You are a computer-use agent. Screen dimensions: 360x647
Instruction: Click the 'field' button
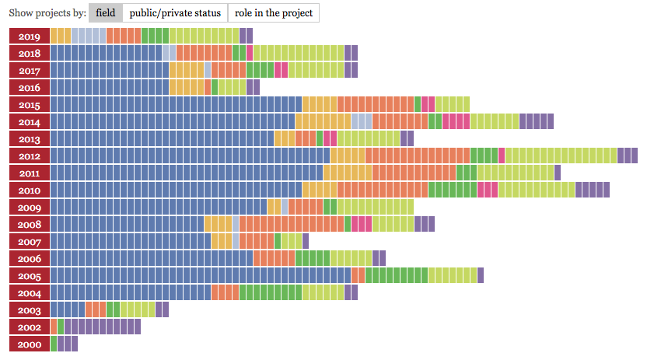[x=105, y=12]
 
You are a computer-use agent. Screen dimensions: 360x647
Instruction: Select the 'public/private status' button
[x=175, y=12]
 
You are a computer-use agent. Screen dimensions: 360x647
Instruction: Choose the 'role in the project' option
[x=273, y=12]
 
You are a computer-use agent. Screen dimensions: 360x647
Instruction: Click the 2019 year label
[x=30, y=36]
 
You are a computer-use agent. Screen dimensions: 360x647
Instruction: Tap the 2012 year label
[x=30, y=156]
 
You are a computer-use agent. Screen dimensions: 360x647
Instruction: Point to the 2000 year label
[x=30, y=344]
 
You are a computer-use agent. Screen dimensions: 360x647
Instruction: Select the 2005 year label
[x=30, y=275]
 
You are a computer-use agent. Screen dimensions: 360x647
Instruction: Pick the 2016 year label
[x=30, y=87]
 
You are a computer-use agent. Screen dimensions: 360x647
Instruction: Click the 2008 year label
[x=30, y=224]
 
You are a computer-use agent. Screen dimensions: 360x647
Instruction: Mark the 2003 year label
[x=30, y=309]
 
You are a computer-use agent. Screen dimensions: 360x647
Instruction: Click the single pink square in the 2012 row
[x=502, y=156]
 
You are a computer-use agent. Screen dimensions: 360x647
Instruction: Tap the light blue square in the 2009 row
[x=285, y=207]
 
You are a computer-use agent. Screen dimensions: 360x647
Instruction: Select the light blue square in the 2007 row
[x=236, y=241]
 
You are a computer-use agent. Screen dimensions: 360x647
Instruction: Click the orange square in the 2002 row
[x=54, y=327]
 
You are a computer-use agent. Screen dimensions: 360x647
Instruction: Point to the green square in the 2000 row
[x=54, y=344]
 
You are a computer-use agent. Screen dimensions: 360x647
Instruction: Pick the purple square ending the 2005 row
[x=481, y=275]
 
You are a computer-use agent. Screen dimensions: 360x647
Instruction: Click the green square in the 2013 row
[x=320, y=138]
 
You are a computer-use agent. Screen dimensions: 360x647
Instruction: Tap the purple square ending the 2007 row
[x=306, y=241]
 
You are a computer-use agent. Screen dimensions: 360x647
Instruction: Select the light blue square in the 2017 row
[x=208, y=70]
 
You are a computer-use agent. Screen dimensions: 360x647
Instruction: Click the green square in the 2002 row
[x=61, y=327]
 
